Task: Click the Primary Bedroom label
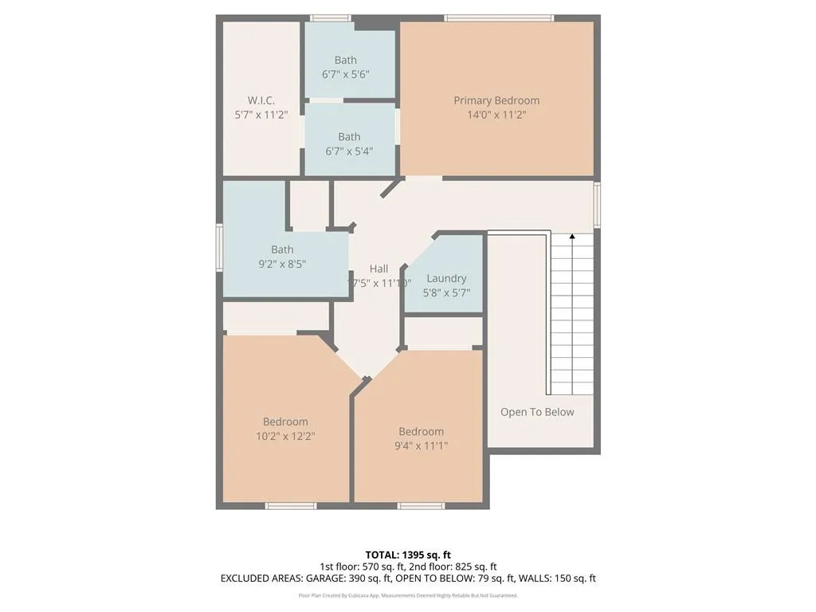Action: [496, 100]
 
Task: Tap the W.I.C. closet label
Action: [261, 100]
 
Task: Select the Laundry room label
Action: [446, 278]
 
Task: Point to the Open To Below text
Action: [537, 412]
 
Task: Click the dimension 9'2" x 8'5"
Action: [282, 264]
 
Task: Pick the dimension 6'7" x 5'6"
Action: [346, 74]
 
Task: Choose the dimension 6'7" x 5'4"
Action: [348, 151]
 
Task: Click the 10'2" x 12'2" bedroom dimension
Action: [285, 436]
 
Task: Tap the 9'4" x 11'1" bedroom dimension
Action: [422, 445]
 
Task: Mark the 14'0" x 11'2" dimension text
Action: [496, 115]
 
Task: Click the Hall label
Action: [379, 269]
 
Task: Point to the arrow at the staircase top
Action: [571, 237]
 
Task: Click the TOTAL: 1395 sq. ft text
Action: [408, 555]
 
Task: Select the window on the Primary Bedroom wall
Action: [499, 18]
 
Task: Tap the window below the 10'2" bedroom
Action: [291, 505]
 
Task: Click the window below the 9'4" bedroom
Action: [422, 505]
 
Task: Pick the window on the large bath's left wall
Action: [219, 247]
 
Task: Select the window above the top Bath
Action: [330, 18]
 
